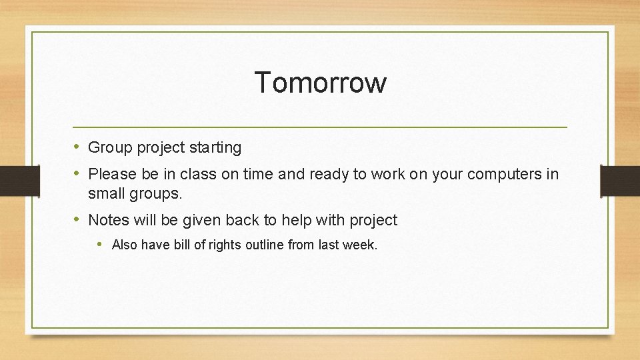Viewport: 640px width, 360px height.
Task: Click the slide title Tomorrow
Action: (320, 83)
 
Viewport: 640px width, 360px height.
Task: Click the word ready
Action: (331, 174)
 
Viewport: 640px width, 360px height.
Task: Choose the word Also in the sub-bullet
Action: (125, 245)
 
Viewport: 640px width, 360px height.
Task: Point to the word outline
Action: (265, 245)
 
